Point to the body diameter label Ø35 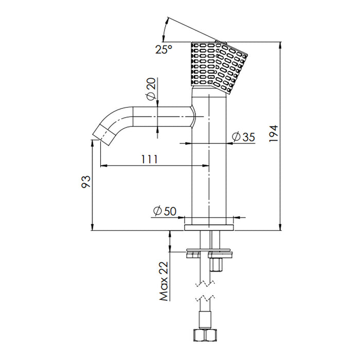(x=244, y=137)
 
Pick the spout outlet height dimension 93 (x=86, y=182)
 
